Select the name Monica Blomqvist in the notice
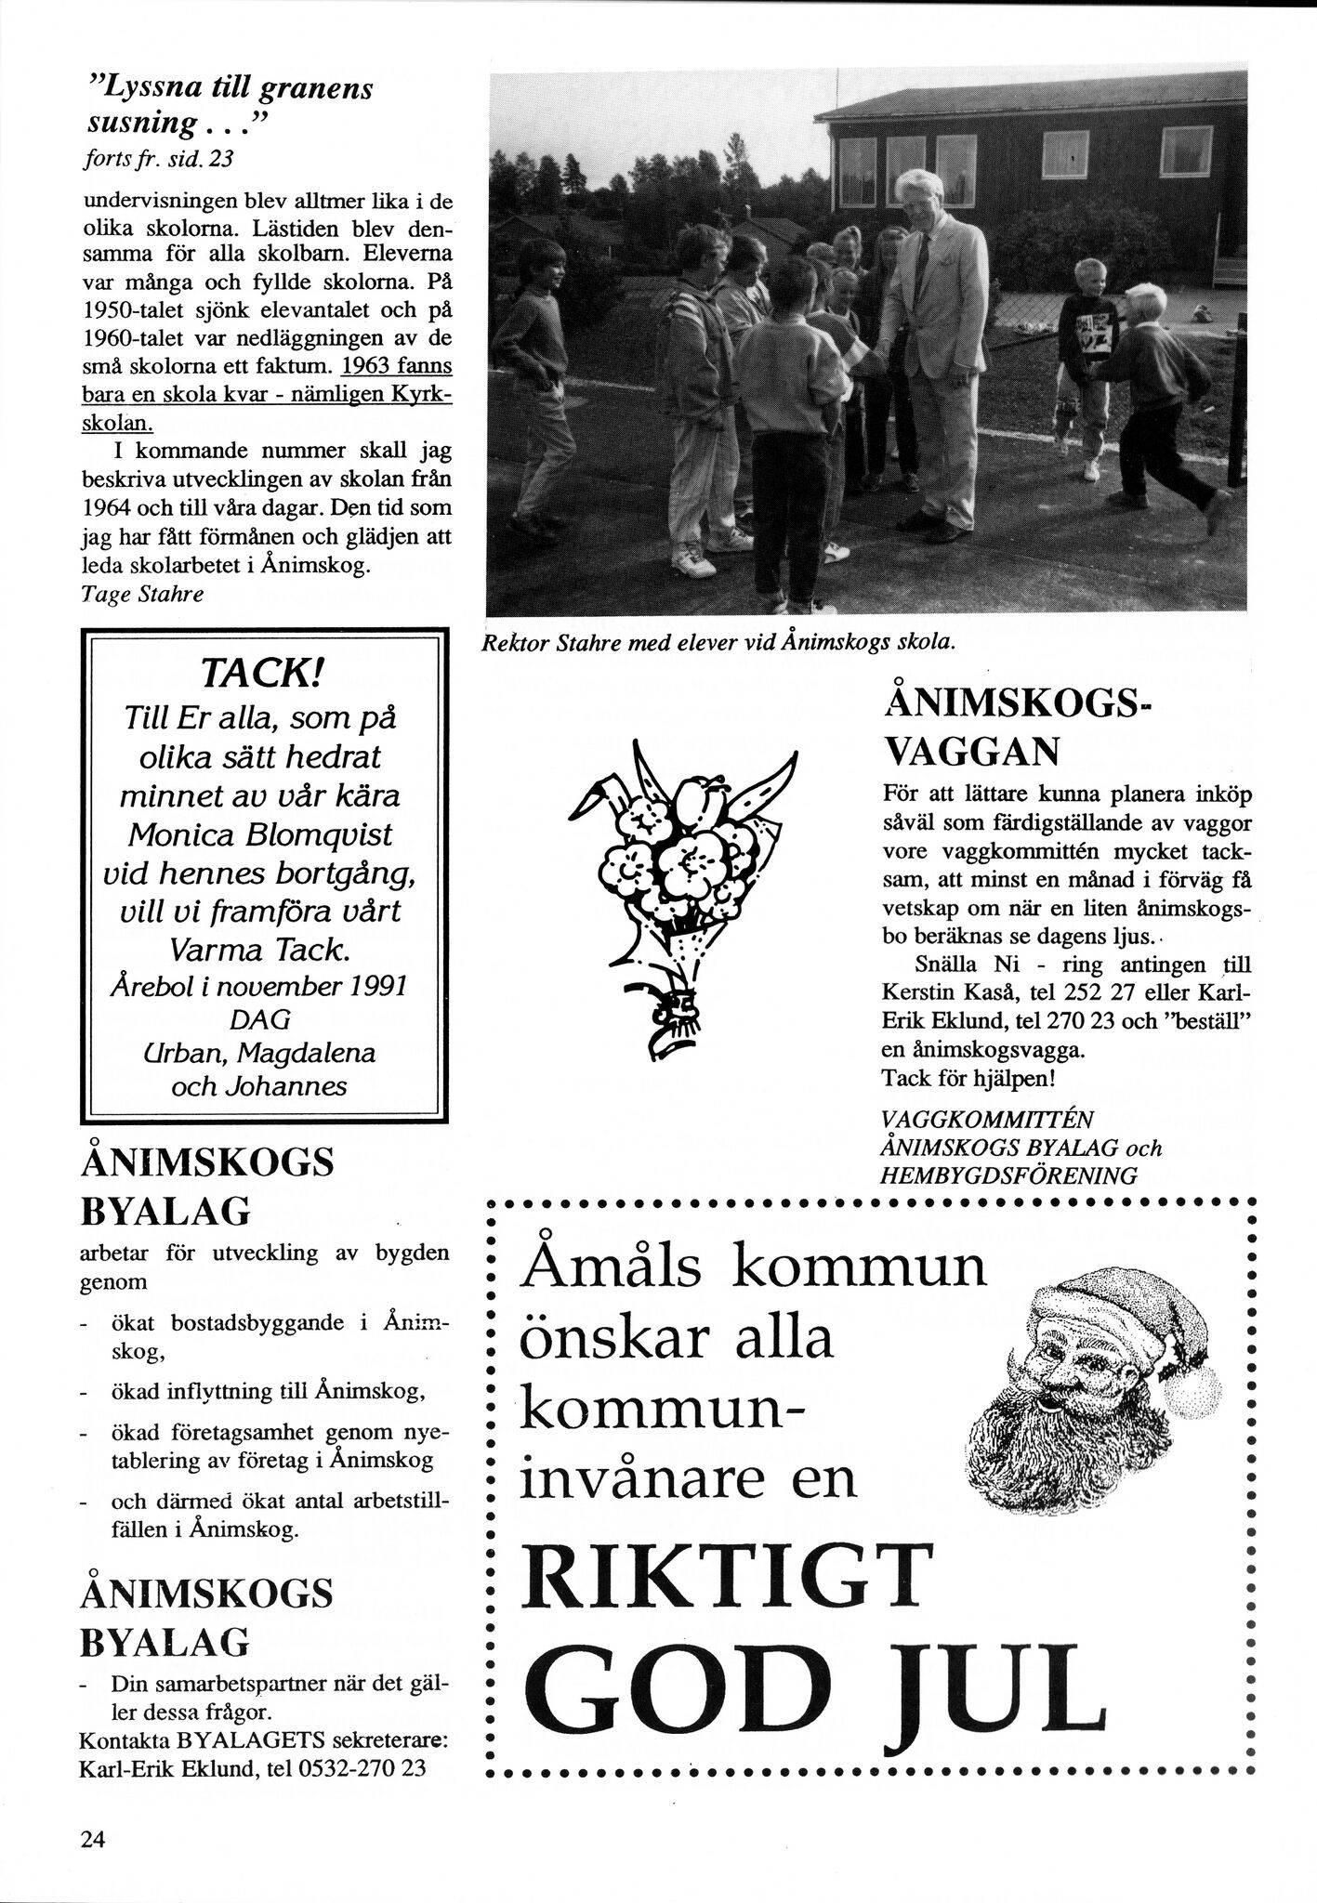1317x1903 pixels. (x=259, y=834)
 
